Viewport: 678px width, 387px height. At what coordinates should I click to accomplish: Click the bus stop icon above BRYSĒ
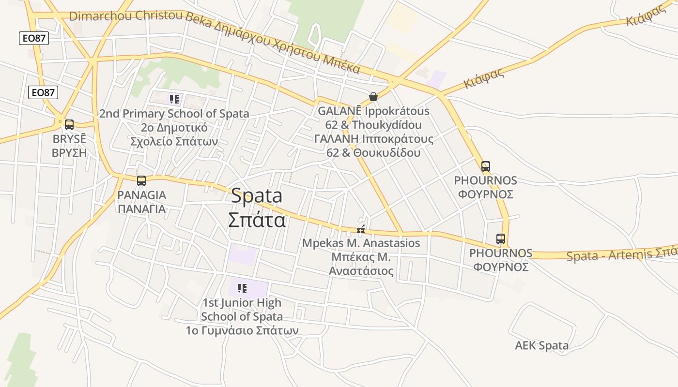[x=69, y=125]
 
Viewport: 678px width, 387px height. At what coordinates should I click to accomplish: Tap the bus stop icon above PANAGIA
[x=141, y=181]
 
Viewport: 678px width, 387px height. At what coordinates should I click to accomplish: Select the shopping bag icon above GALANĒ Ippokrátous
[x=373, y=97]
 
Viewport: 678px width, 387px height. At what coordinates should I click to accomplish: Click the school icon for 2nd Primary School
[x=174, y=100]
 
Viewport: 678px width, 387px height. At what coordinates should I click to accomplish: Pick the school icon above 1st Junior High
[x=242, y=289]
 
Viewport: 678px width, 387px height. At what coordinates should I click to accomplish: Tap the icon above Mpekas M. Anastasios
[x=360, y=230]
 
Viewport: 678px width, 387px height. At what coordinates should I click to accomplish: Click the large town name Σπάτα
[x=257, y=220]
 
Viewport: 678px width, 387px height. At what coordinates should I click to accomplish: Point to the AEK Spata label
[x=541, y=346]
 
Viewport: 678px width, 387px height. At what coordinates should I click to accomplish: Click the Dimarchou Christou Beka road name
[x=126, y=16]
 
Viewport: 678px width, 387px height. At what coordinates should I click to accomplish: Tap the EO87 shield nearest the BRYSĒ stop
[x=43, y=92]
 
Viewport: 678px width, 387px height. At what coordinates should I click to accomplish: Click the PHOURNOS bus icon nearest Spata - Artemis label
[x=501, y=239]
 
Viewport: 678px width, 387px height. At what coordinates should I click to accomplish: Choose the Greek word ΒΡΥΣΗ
[x=69, y=153]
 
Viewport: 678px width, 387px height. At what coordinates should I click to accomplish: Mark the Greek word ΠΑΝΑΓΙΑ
[x=141, y=209]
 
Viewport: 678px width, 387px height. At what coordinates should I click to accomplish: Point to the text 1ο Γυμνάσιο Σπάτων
[x=242, y=331]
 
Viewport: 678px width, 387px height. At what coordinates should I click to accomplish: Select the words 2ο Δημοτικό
[x=174, y=128]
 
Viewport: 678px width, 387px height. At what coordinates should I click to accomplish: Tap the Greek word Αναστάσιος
[x=361, y=271]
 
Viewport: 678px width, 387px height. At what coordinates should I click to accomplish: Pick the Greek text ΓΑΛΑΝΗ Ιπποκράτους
[x=373, y=139]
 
